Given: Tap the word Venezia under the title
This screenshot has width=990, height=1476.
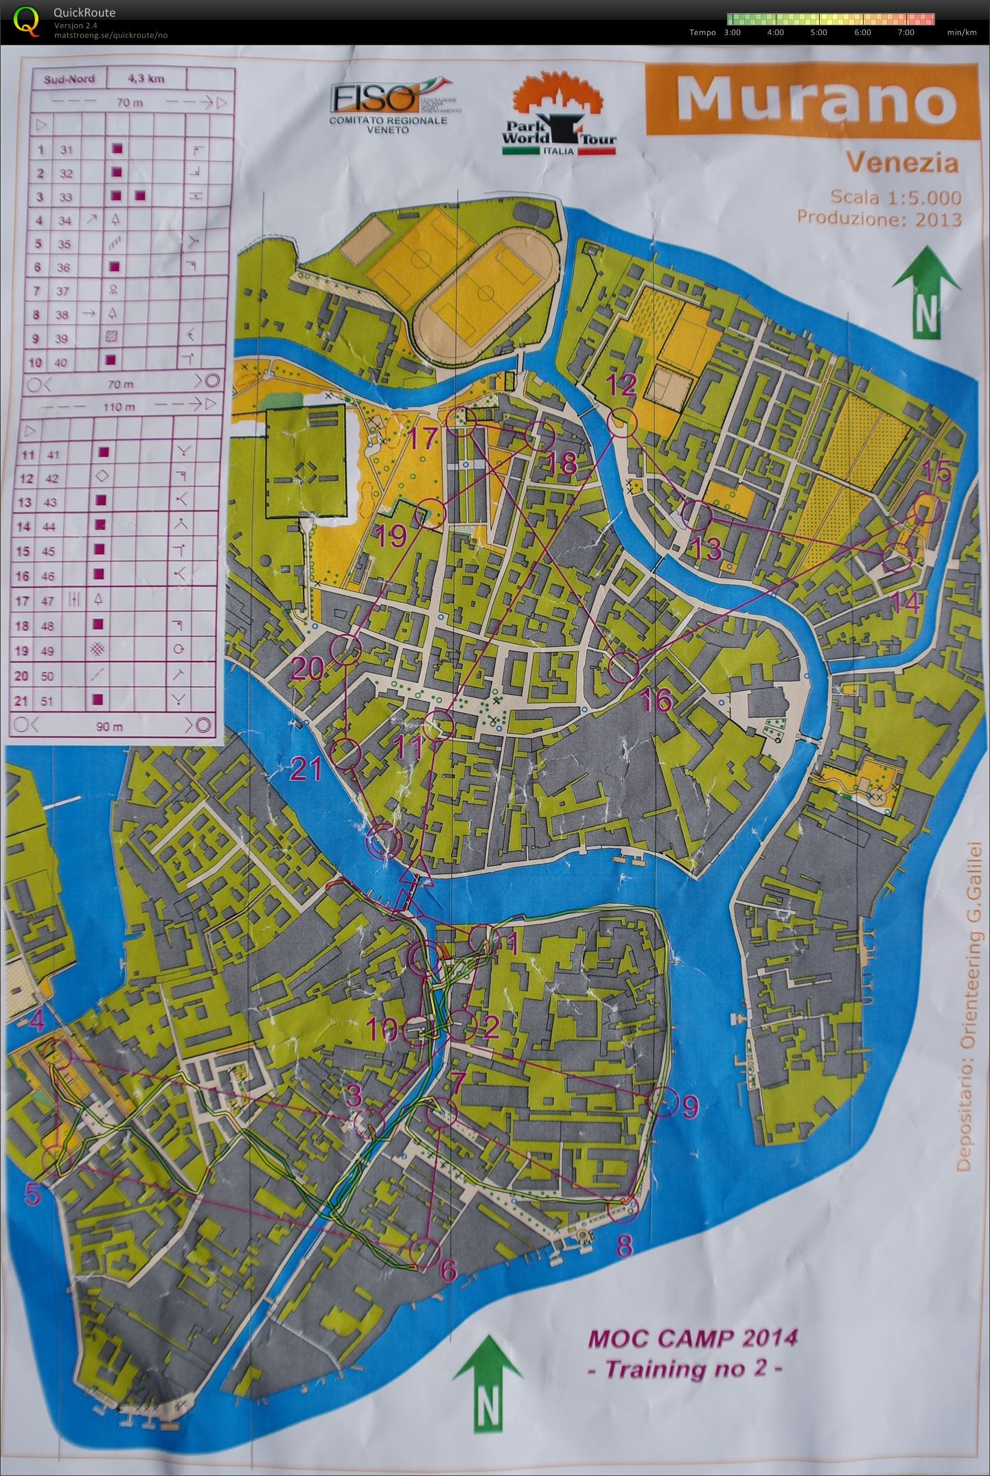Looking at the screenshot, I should coord(902,163).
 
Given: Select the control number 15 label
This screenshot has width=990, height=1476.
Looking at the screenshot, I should coord(936,471).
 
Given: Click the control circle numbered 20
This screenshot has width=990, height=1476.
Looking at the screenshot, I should coord(346,648).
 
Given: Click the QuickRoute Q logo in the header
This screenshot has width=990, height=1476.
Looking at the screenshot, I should coord(25,20).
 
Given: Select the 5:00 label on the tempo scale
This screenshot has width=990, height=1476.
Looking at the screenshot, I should coord(818,32).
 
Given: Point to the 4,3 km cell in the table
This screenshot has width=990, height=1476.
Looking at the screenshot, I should coord(146,78).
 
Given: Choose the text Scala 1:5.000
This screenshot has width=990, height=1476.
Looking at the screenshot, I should coord(895,198).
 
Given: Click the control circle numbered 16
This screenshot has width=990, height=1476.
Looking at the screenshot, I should coord(623,667).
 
